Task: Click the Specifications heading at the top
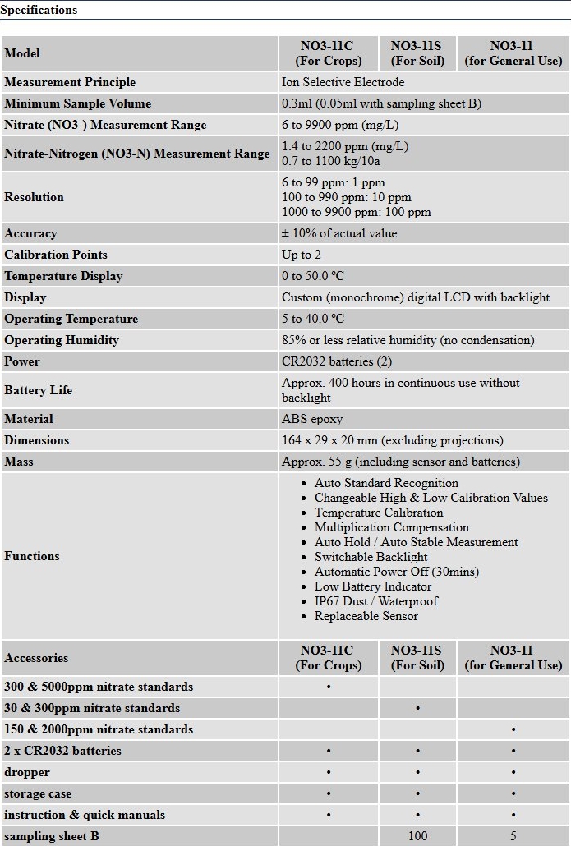[39, 10]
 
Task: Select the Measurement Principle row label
[70, 82]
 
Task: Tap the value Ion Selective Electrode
[343, 82]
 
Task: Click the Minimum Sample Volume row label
[77, 103]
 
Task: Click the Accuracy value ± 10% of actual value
[339, 233]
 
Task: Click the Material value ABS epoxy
[312, 419]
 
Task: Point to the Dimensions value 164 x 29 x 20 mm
[392, 440]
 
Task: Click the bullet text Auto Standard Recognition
[386, 483]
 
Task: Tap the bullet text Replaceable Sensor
[366, 616]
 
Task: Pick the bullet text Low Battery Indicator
[372, 586]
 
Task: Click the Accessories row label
[36, 658]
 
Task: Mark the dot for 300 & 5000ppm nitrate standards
[329, 687]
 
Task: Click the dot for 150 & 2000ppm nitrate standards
[513, 729]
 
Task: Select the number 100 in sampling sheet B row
[418, 836]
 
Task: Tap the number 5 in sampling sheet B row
[513, 836]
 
